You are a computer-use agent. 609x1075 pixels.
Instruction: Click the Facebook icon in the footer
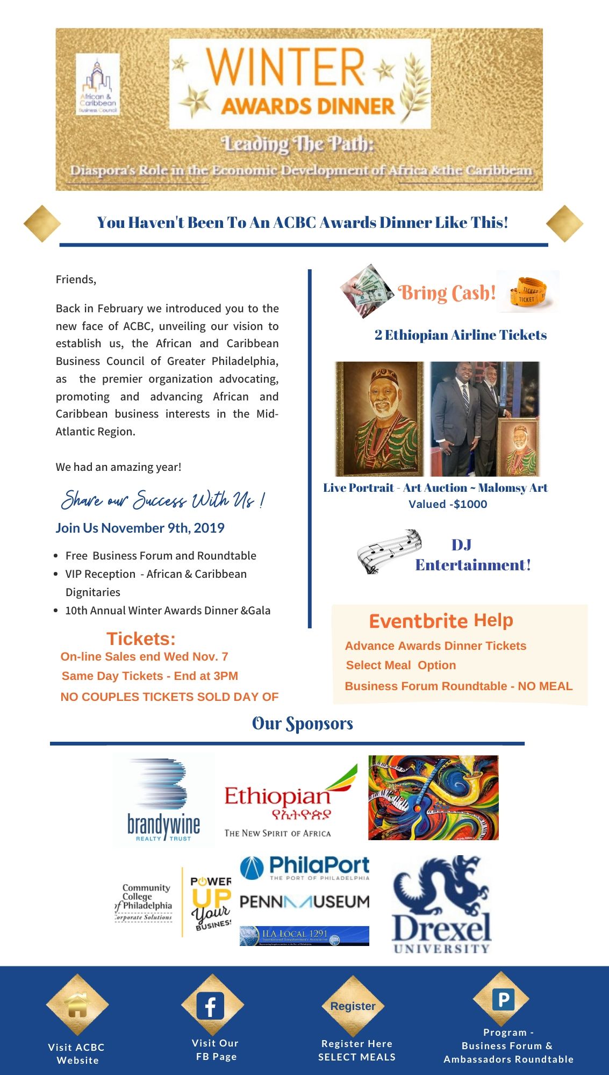point(210,1006)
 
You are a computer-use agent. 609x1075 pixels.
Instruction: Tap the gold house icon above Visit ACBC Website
point(77,1005)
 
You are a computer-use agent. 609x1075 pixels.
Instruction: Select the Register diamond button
point(353,1006)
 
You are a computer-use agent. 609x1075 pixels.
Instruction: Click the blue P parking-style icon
point(503,1000)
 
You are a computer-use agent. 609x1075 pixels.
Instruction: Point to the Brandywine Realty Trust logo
point(163,800)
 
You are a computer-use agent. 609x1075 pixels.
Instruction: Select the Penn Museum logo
point(304,901)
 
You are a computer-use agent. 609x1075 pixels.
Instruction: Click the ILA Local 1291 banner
point(304,936)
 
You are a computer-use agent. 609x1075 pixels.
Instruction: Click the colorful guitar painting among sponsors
point(433,798)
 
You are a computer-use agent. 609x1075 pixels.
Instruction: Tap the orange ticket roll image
point(528,292)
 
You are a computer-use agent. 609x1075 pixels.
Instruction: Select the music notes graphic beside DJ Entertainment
point(389,551)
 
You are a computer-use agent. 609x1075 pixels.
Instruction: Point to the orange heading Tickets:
point(141,639)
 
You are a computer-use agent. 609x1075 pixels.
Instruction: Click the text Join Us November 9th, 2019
point(140,528)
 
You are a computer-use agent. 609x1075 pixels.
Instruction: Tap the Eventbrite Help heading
point(441,621)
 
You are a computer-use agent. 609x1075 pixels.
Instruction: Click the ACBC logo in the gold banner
point(98,84)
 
